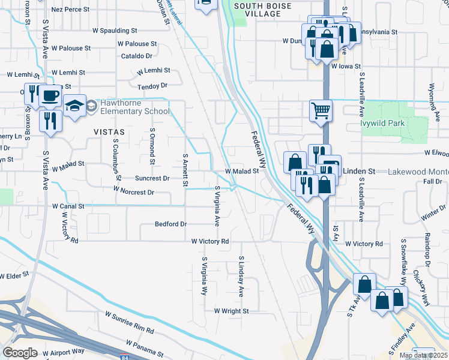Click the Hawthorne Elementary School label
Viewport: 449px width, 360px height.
[135, 107]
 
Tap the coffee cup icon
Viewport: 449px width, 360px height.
[49, 95]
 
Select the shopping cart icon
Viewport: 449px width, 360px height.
[321, 110]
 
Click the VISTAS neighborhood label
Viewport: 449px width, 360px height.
[109, 131]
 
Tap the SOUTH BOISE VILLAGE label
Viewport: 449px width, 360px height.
[263, 10]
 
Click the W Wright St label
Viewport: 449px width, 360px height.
[231, 311]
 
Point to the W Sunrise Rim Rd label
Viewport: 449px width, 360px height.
[129, 322]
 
